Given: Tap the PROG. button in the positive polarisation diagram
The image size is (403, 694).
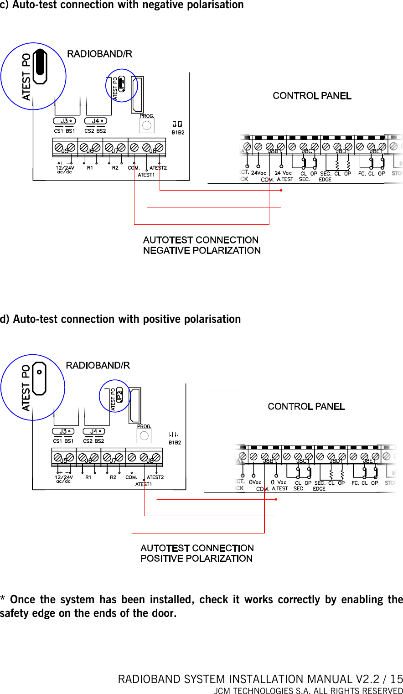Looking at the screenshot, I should [x=144, y=436].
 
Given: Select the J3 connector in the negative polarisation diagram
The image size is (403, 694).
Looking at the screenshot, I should [x=64, y=121].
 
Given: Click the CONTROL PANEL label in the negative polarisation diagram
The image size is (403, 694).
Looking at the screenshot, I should [x=312, y=96].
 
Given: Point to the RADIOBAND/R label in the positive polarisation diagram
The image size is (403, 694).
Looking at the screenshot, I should [x=98, y=366].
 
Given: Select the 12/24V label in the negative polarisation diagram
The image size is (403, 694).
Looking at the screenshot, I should [x=65, y=168].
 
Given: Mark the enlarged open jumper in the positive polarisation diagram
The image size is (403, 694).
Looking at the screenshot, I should [x=39, y=378].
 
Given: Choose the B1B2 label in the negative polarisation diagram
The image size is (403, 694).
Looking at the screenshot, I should [x=178, y=133].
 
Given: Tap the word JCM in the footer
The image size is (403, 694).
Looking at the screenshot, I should [x=223, y=690].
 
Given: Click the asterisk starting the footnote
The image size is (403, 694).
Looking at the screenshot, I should [x=3, y=599].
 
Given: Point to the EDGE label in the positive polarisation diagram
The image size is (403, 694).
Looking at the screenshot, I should [x=319, y=489].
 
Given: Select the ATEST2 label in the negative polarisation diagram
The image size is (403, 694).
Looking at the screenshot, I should [x=158, y=168].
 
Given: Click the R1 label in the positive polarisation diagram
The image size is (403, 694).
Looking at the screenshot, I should [x=88, y=477].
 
